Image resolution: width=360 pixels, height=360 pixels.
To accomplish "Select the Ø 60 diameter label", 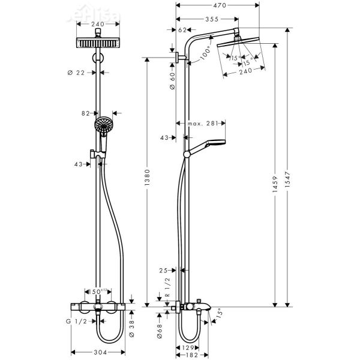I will (172, 80).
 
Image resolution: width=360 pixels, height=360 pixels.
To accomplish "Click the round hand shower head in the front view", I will (102, 125).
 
